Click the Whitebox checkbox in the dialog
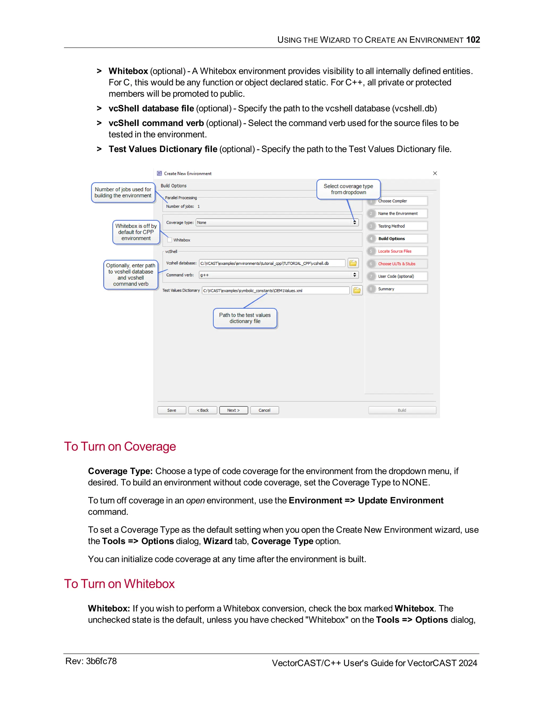(x=170, y=240)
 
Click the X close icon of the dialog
(x=435, y=173)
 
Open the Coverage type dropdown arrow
(x=355, y=222)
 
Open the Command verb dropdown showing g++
(x=355, y=275)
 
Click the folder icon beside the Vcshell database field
(x=353, y=263)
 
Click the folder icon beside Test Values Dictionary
(x=357, y=290)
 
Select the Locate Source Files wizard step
(x=394, y=251)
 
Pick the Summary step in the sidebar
(x=386, y=289)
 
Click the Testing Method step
(x=391, y=226)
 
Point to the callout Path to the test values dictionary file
(x=245, y=318)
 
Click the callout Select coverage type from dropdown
(x=348, y=189)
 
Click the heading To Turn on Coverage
(x=120, y=447)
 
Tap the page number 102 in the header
(x=473, y=40)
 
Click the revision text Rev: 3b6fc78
(x=91, y=661)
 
